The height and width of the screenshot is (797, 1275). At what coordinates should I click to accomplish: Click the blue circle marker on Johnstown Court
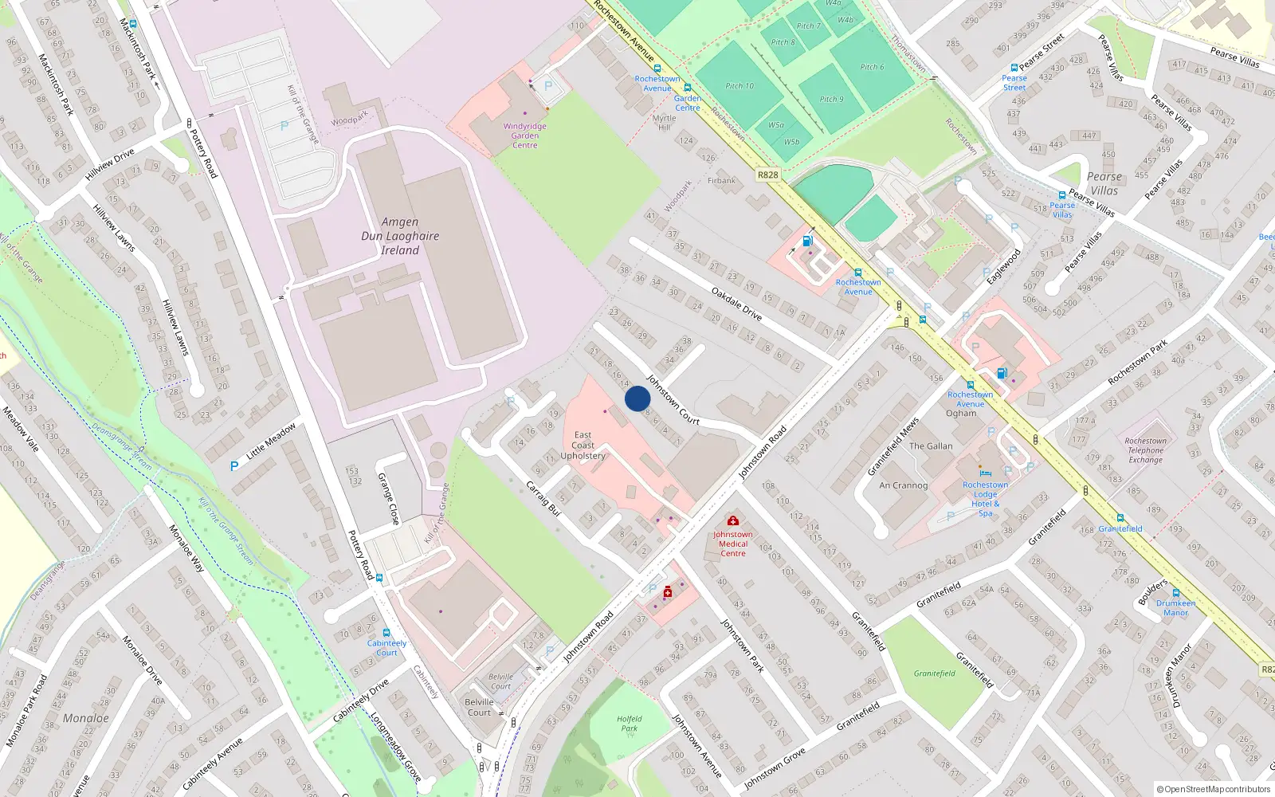point(637,398)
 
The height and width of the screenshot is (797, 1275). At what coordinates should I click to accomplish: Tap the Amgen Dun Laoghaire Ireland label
point(400,236)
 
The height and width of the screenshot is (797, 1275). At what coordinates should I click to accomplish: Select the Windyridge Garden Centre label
point(524,135)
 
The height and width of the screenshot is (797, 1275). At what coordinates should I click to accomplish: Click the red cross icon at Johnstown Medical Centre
point(733,521)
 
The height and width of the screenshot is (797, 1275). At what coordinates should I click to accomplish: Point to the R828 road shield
point(768,175)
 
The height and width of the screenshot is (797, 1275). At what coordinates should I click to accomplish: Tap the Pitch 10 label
point(739,86)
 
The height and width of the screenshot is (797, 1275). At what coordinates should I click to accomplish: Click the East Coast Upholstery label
point(583,446)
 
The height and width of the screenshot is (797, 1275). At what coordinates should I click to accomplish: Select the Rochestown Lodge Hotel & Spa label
point(985,499)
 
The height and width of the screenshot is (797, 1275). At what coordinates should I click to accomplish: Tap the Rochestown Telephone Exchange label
point(1146,450)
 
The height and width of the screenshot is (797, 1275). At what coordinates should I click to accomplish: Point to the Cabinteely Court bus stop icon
point(386,633)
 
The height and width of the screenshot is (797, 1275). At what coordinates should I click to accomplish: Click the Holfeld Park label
point(630,724)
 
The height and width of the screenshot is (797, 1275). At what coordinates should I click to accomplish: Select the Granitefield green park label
point(935,673)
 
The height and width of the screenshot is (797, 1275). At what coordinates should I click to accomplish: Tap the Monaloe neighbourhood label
point(86,718)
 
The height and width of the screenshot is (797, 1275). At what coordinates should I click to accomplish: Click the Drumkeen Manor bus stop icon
point(1175,593)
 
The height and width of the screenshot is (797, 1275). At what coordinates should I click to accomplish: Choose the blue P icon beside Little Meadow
point(234,466)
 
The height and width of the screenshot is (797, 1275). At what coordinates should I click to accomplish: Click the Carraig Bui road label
point(543,498)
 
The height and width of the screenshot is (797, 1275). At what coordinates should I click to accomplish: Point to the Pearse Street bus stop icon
point(1014,69)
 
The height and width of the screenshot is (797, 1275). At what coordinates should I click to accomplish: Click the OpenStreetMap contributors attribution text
point(1214,790)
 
